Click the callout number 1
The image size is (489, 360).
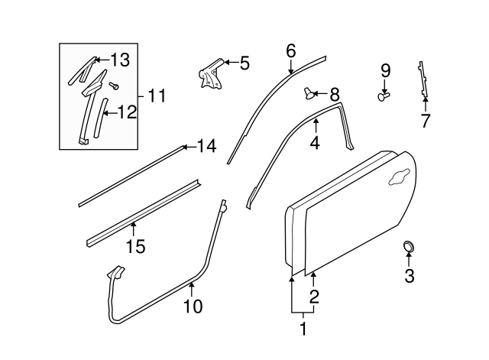(303, 329)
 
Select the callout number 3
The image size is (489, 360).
(409, 276)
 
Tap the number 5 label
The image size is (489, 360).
(244, 63)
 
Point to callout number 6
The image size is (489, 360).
(290, 51)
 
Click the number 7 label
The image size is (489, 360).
(425, 120)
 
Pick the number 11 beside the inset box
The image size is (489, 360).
(156, 96)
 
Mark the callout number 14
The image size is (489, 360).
(206, 145)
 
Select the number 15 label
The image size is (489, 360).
(134, 245)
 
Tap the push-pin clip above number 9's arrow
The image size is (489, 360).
(384, 96)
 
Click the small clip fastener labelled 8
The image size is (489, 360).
(310, 93)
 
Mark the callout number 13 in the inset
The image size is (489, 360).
(121, 60)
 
